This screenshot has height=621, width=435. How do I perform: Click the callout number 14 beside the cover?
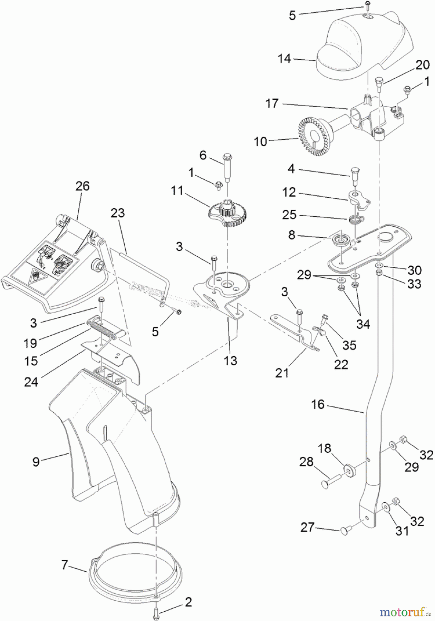pyautogui.click(x=284, y=59)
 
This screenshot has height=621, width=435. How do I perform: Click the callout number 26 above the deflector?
pyautogui.click(x=83, y=186)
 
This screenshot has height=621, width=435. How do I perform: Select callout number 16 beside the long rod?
pyautogui.click(x=318, y=404)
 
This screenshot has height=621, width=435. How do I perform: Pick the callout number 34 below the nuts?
pyautogui.click(x=363, y=324)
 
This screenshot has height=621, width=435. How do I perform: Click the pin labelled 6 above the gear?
pyautogui.click(x=228, y=168)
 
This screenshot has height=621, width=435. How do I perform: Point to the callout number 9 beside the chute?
pyautogui.click(x=36, y=462)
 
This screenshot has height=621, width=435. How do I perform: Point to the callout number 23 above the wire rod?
pyautogui.click(x=117, y=213)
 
